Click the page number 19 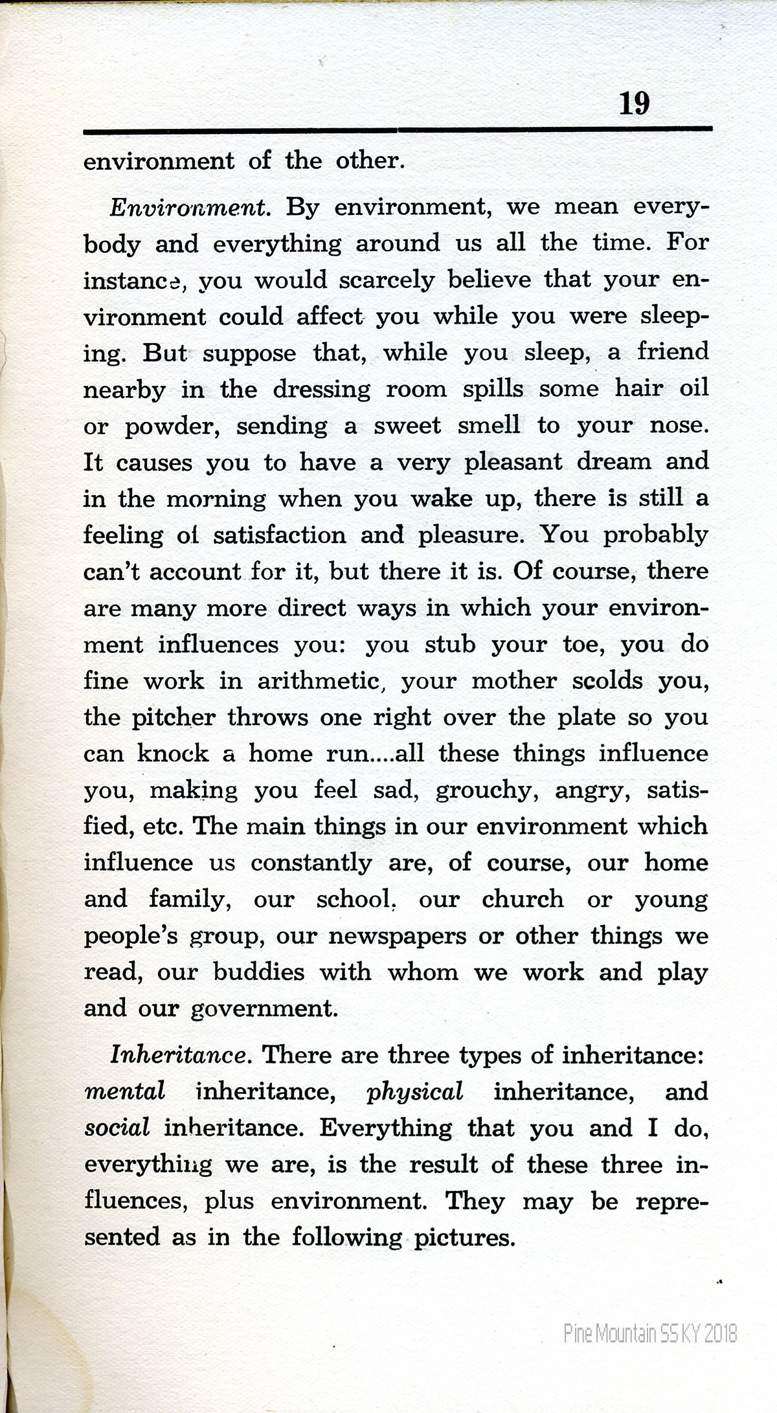pyautogui.click(x=634, y=104)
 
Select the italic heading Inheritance pyautogui.click(x=179, y=1056)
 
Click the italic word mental pyautogui.click(x=124, y=1092)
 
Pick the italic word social pyautogui.click(x=117, y=1128)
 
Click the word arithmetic pyautogui.click(x=317, y=682)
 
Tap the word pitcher pyautogui.click(x=174, y=718)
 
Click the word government pyautogui.click(x=264, y=1009)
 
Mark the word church pyautogui.click(x=523, y=900)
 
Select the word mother pyautogui.click(x=514, y=682)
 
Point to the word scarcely pyautogui.click(x=387, y=281)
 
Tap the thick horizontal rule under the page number pyautogui.click(x=398, y=131)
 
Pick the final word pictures pyautogui.click(x=464, y=1238)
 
